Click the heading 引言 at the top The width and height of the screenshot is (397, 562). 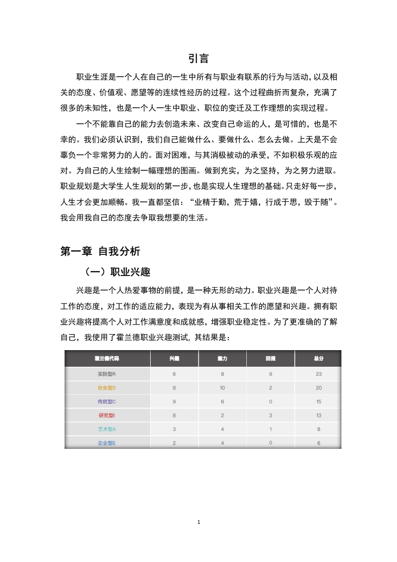[x=198, y=59]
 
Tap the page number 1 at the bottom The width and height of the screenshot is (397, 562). [x=199, y=522]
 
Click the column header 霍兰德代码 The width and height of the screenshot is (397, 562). [x=107, y=359]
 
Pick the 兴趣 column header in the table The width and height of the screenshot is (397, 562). [x=174, y=359]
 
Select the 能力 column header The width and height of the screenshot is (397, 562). [x=222, y=359]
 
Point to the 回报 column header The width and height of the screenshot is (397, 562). [x=270, y=359]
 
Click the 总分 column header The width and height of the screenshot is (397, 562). [x=318, y=359]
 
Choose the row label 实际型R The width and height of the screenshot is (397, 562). [x=107, y=374]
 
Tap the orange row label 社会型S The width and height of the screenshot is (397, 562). [x=107, y=388]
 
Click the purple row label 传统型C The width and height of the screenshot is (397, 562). [x=107, y=401]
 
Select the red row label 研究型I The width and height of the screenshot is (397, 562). [x=107, y=415]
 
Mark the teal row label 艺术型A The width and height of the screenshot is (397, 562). [x=107, y=429]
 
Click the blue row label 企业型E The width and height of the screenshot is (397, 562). [x=107, y=443]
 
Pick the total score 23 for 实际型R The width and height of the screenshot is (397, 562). [x=318, y=374]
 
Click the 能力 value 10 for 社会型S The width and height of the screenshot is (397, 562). [x=222, y=388]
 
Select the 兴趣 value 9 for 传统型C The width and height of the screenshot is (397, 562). [x=174, y=401]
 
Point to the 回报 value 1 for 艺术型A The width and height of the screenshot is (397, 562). [x=270, y=429]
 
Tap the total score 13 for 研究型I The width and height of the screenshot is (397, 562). [x=318, y=415]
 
